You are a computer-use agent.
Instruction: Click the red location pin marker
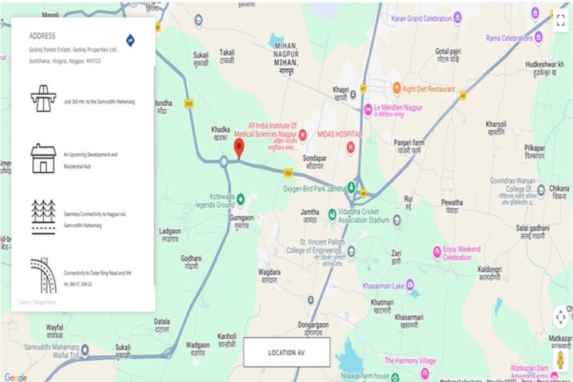click(x=238, y=147)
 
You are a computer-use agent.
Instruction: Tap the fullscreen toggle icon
click(x=560, y=20)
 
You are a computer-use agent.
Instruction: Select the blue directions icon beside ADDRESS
click(x=130, y=40)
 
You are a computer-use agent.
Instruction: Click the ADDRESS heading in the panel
click(x=42, y=36)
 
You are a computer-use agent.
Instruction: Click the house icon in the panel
click(x=42, y=158)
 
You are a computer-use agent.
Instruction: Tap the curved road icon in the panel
click(x=42, y=274)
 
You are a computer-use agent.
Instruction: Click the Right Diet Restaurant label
click(x=429, y=89)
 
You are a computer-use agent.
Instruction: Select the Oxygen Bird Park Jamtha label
click(x=314, y=188)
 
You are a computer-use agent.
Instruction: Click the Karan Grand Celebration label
click(x=421, y=18)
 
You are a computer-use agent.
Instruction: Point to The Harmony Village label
click(x=410, y=360)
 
